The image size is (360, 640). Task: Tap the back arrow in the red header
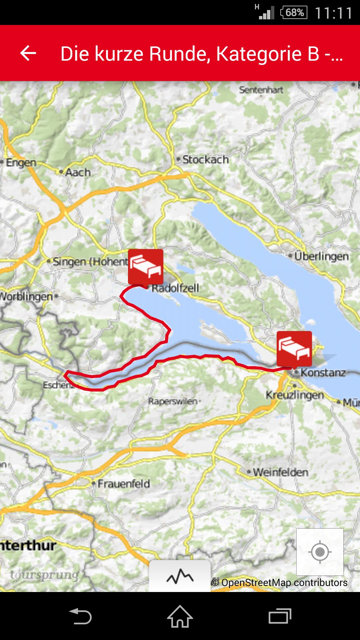(x=28, y=53)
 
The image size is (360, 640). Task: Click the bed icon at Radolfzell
(x=146, y=267)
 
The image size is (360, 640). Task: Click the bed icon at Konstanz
(x=294, y=348)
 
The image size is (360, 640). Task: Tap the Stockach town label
(x=205, y=160)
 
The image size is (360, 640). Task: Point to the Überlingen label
(x=321, y=256)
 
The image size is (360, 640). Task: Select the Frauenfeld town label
(x=123, y=484)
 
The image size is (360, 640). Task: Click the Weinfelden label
(x=280, y=472)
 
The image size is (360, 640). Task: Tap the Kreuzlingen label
(x=295, y=395)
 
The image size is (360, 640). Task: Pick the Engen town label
(x=21, y=163)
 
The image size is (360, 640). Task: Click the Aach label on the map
(x=78, y=172)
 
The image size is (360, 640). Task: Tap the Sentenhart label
(x=261, y=90)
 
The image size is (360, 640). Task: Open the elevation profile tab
(x=180, y=576)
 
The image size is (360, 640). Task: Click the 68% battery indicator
(x=294, y=13)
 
